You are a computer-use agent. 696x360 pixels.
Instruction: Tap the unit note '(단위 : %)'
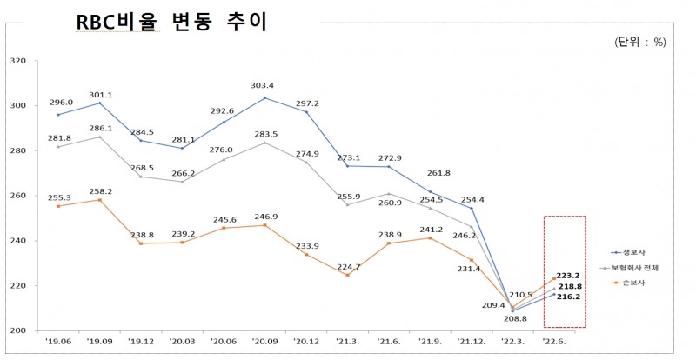[640, 41]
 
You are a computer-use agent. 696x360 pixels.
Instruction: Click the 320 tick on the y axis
[18, 61]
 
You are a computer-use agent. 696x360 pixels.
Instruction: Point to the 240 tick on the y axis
[18, 241]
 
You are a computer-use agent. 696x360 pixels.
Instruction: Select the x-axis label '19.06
[58, 343]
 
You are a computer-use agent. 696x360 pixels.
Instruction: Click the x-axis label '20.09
[264, 343]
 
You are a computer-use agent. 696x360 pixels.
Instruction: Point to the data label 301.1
[101, 96]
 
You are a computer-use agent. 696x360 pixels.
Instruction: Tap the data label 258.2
[101, 190]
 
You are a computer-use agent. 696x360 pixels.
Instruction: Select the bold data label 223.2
[568, 274]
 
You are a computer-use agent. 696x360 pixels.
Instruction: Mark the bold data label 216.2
[568, 297]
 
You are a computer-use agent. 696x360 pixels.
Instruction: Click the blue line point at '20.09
[264, 97]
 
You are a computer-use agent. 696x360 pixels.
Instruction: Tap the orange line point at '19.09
[100, 200]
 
